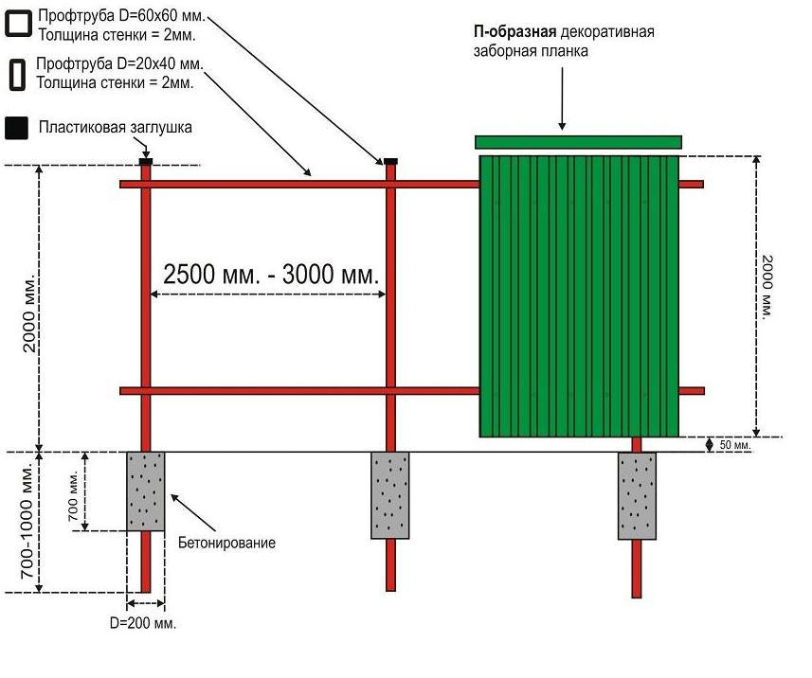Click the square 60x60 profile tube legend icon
click(18, 25)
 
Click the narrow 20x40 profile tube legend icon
click(17, 75)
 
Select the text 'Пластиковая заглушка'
click(115, 127)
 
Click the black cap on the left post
click(146, 162)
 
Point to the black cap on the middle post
click(391, 162)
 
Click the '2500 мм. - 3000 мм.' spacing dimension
click(271, 274)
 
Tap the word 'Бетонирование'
click(226, 543)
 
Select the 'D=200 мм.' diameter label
click(143, 623)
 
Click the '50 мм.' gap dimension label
click(735, 444)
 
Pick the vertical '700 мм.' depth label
click(73, 495)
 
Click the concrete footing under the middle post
click(390, 495)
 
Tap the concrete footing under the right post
click(637, 496)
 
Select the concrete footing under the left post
click(146, 491)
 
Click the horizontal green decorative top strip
click(579, 142)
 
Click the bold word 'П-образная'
click(514, 32)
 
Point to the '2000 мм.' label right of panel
click(767, 286)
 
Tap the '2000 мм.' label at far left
click(29, 313)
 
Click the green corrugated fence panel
click(579, 296)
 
